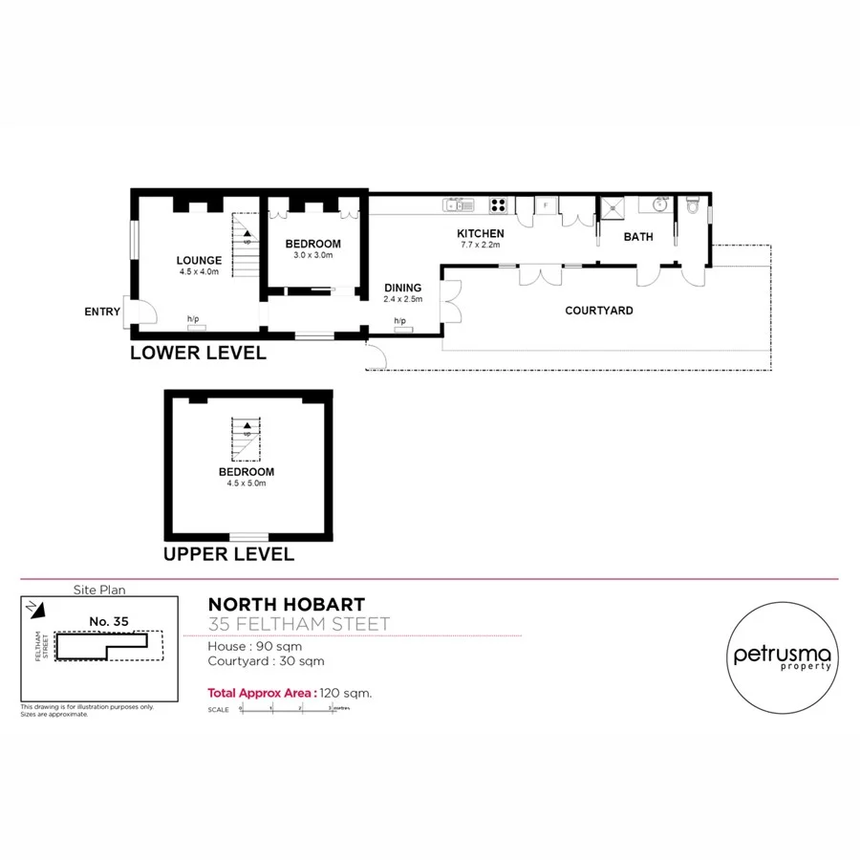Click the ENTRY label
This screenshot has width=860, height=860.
(x=102, y=312)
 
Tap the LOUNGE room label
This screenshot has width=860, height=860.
(x=199, y=260)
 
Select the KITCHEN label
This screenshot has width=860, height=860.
(x=480, y=234)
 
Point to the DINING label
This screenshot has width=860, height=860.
(x=403, y=287)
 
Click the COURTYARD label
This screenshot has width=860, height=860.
(x=599, y=311)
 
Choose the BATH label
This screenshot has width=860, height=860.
(x=638, y=237)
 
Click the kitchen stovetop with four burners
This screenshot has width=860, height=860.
(x=499, y=204)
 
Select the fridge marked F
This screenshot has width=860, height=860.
(x=546, y=204)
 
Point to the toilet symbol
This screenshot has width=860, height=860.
(x=694, y=204)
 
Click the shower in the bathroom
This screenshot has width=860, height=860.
(x=610, y=206)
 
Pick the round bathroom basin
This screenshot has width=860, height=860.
(x=659, y=204)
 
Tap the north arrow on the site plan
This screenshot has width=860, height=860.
(x=33, y=607)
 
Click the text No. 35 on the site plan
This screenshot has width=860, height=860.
(x=108, y=621)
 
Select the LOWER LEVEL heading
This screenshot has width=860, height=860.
(x=198, y=353)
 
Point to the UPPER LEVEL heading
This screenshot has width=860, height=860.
(x=228, y=554)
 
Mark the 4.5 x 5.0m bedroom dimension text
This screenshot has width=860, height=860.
(x=247, y=484)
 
